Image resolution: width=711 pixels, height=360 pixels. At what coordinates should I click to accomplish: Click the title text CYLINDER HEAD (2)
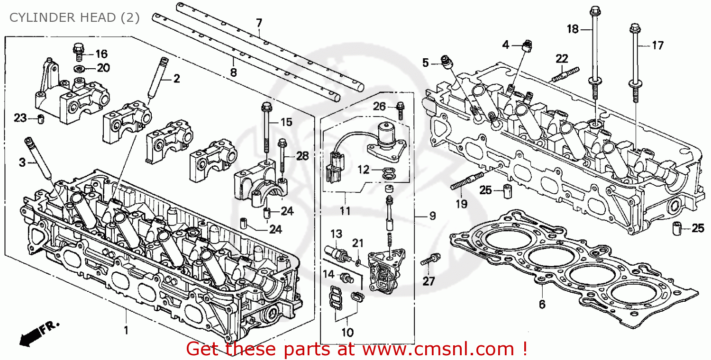point(74,18)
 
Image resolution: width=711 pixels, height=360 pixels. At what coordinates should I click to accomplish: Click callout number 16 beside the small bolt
point(101,54)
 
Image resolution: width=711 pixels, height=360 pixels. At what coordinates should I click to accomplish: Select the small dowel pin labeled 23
point(41,117)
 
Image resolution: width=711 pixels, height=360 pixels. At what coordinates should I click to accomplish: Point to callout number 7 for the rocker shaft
point(259,22)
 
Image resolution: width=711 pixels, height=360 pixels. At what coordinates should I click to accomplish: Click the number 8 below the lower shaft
point(233,72)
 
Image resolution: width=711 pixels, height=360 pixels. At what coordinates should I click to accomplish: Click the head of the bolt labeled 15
point(266,106)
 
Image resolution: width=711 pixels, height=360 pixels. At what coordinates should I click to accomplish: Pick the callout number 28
point(302,155)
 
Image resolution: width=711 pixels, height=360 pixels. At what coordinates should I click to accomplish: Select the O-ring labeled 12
point(389,173)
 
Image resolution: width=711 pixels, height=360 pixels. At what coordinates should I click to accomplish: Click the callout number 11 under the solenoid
point(345,211)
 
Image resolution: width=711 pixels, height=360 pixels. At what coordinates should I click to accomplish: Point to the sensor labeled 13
point(336,252)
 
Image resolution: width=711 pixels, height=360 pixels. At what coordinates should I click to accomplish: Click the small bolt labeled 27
point(429,260)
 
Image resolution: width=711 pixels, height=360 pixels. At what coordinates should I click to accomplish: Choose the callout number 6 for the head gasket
point(542,304)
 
